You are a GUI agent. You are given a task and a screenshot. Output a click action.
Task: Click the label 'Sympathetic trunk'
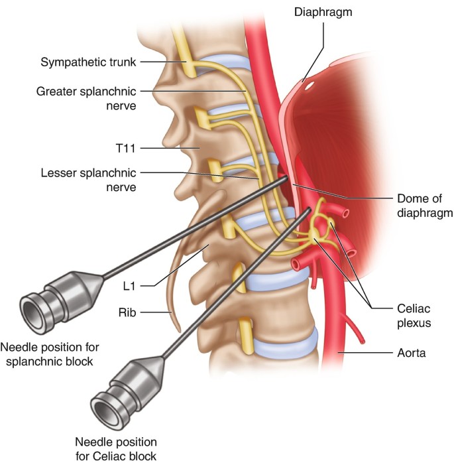point(88,62)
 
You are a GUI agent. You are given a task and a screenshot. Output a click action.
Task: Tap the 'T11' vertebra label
point(126,148)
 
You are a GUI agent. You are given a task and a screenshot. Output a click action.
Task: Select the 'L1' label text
point(129,286)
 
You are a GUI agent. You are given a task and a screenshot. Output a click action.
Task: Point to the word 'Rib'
point(127,312)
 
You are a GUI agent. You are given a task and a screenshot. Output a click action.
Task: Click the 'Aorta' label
point(411,353)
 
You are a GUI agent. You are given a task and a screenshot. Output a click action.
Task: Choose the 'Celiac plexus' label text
point(414,316)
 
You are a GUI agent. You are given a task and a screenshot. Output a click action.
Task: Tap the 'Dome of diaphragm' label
point(425,206)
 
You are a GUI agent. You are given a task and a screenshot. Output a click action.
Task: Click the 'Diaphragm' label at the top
point(323,12)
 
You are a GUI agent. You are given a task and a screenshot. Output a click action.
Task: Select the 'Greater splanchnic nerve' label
point(86,99)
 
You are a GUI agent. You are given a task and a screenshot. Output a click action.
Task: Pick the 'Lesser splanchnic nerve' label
point(89,180)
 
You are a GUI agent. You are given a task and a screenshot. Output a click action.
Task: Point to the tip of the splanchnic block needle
point(287,178)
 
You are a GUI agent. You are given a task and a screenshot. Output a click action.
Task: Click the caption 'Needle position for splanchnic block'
point(50,354)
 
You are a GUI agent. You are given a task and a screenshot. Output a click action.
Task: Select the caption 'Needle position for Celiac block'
point(116,449)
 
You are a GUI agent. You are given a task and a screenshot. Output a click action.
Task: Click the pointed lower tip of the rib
point(179,331)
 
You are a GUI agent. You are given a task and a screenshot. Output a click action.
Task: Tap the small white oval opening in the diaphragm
point(310,86)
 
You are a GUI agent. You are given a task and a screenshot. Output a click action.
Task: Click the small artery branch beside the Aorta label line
point(355,328)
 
